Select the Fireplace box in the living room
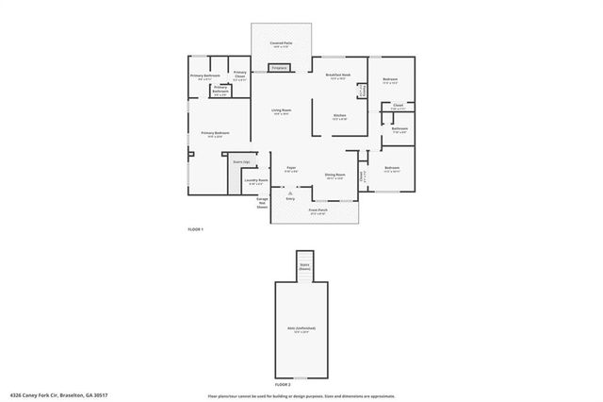point(279,68)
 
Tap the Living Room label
point(282,110)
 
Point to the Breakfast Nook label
point(338,75)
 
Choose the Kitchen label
point(339,116)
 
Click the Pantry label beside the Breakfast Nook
point(363,91)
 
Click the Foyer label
point(293,169)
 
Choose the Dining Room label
point(334,175)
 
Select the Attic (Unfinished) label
point(301,328)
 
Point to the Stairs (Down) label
point(304,267)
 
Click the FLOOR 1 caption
point(196,230)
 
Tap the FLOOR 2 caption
point(283,385)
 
